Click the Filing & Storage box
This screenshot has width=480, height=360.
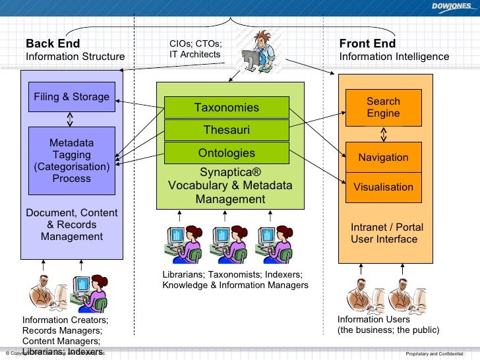72,97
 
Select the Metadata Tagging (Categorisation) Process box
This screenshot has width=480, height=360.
72,161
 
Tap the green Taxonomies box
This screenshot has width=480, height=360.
226,107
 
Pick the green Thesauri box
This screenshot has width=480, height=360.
226,130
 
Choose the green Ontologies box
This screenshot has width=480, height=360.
226,153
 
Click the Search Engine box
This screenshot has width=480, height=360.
383,107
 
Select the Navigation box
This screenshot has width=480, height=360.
383,158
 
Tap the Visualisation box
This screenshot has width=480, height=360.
383,187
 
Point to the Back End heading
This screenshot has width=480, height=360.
53,44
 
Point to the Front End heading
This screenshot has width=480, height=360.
367,44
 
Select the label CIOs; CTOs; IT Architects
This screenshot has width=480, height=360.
195,49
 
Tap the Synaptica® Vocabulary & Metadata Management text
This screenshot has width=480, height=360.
230,186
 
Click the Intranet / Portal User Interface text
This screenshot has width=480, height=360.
386,233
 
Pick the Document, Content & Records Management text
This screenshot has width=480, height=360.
72,224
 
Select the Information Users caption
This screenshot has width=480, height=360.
388,324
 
